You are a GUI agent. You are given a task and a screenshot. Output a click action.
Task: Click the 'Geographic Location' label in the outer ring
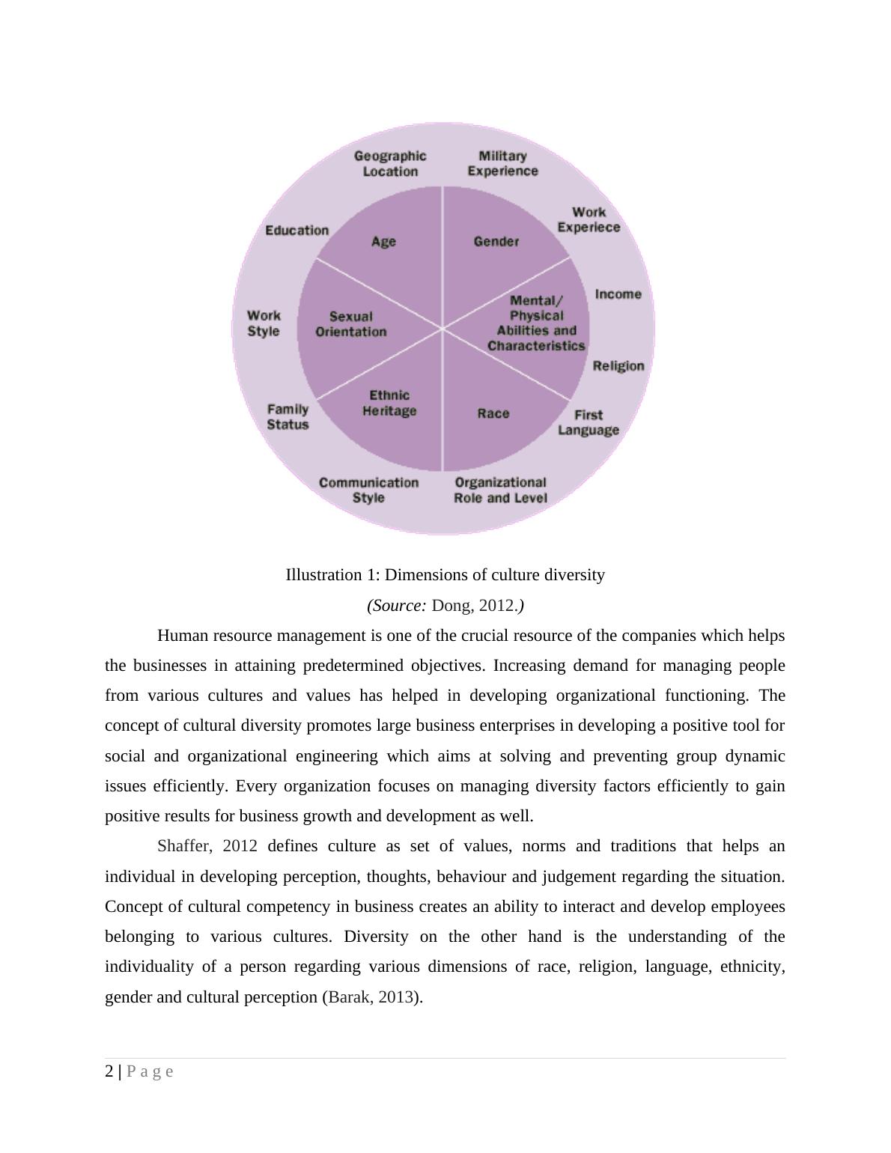[x=390, y=163]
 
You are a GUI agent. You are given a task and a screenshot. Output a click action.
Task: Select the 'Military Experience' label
[x=502, y=163]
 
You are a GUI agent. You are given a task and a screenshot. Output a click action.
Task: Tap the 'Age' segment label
[x=383, y=241]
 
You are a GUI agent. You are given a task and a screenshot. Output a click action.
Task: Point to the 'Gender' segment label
[x=496, y=241]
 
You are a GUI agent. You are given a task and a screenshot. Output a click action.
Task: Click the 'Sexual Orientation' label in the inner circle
[x=350, y=324]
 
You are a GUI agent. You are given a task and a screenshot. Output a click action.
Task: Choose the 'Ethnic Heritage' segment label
[x=389, y=403]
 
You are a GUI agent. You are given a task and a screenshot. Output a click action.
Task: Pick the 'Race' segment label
[x=493, y=413]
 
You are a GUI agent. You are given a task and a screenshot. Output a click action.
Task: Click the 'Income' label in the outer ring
[x=618, y=294]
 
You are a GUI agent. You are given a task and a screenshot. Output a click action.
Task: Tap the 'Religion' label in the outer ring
[x=618, y=366]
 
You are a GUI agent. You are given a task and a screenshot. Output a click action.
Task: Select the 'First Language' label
[x=589, y=422]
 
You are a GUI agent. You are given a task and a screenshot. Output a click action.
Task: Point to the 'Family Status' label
[x=288, y=417]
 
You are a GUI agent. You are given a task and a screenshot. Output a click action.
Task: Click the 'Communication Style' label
[x=368, y=490]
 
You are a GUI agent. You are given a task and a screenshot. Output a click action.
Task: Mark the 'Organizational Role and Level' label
[x=500, y=490]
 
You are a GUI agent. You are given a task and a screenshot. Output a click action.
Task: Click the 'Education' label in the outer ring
[x=297, y=230]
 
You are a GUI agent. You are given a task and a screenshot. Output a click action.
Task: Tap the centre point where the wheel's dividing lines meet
[x=443, y=328]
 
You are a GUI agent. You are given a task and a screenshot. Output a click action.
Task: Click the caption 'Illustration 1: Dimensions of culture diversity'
[x=445, y=575]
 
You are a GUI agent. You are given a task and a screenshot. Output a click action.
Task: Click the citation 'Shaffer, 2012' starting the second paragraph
[x=207, y=846]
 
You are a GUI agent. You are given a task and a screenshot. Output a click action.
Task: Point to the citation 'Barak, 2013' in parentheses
[x=371, y=997]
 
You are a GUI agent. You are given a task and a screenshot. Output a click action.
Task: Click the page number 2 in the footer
[x=110, y=1071]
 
